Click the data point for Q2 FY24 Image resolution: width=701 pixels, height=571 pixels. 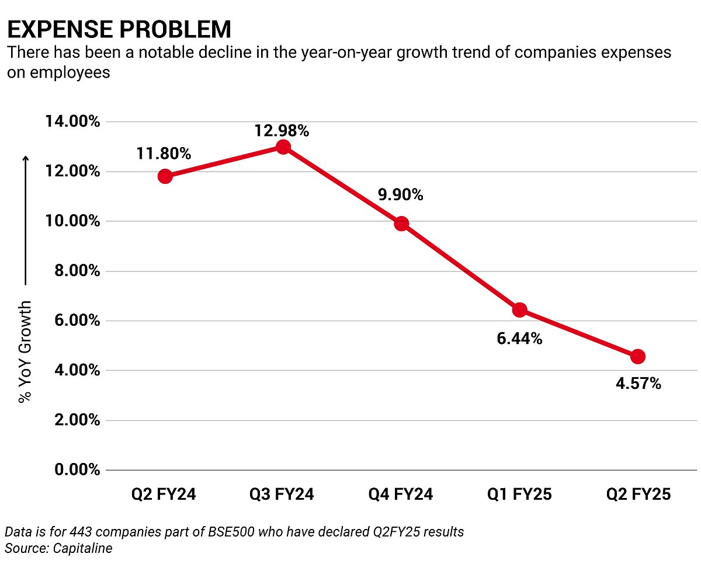[x=165, y=176]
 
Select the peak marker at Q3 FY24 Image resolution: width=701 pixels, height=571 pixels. [x=283, y=147]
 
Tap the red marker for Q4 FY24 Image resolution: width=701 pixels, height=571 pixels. [x=401, y=224]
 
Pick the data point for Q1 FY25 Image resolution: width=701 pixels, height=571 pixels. [x=520, y=309]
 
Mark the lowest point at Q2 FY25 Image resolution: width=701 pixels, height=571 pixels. [x=638, y=356]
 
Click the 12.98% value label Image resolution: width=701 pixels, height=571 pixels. [x=281, y=131]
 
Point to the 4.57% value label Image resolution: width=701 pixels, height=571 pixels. [x=638, y=384]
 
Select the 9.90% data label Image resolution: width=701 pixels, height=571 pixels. [x=400, y=194]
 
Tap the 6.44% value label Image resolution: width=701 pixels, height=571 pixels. [x=519, y=338]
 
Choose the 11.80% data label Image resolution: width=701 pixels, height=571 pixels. [x=164, y=154]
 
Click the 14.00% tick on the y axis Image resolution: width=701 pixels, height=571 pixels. [x=72, y=122]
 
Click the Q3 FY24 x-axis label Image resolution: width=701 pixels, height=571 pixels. [x=282, y=495]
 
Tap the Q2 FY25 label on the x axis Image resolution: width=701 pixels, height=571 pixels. [x=638, y=495]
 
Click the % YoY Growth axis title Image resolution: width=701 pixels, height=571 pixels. [x=25, y=352]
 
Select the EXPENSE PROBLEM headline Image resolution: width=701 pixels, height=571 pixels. [x=119, y=29]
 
